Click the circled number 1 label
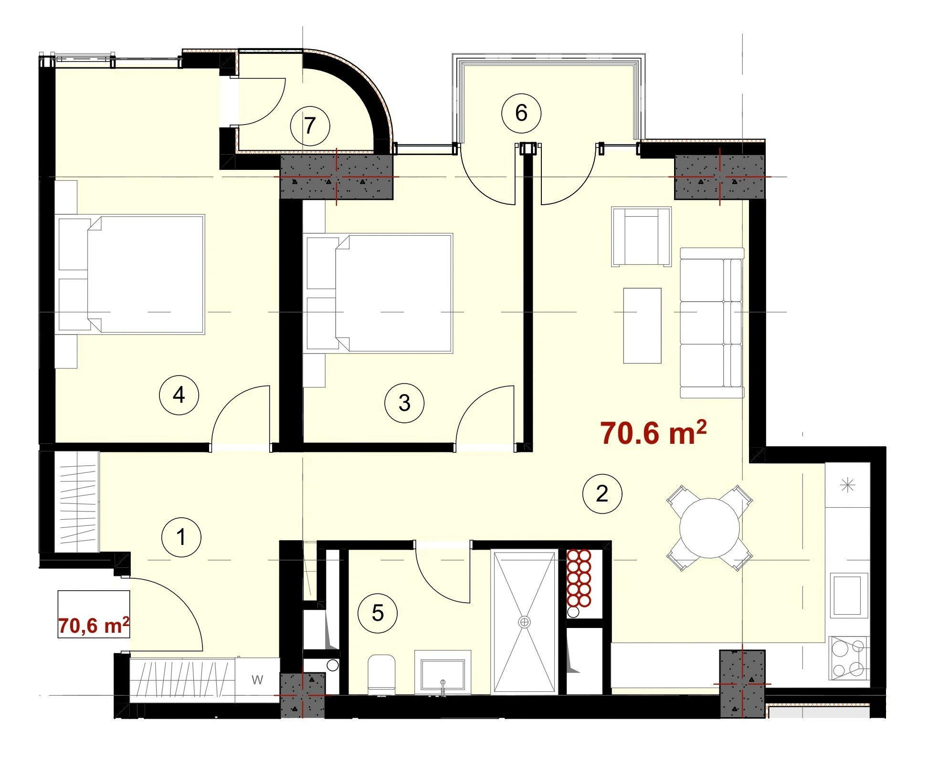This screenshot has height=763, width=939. (181, 537)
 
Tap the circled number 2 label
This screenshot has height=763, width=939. (602, 493)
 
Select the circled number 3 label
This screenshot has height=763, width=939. (404, 403)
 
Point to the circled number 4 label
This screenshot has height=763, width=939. (179, 395)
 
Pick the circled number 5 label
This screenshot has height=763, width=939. (377, 613)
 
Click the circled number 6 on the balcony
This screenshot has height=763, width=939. (521, 113)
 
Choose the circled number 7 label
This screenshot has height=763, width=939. (310, 126)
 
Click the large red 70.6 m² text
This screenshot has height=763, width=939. (653, 432)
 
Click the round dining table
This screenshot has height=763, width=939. (709, 528)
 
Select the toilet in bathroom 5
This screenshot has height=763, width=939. (381, 674)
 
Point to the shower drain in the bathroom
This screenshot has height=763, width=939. (524, 622)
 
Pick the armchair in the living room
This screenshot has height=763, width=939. (641, 236)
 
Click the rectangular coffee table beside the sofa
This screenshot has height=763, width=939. (642, 325)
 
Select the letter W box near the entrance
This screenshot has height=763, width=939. (257, 679)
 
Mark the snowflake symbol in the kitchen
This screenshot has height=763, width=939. (847, 486)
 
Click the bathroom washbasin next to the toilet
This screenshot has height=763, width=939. (442, 673)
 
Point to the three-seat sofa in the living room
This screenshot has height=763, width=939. (711, 323)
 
